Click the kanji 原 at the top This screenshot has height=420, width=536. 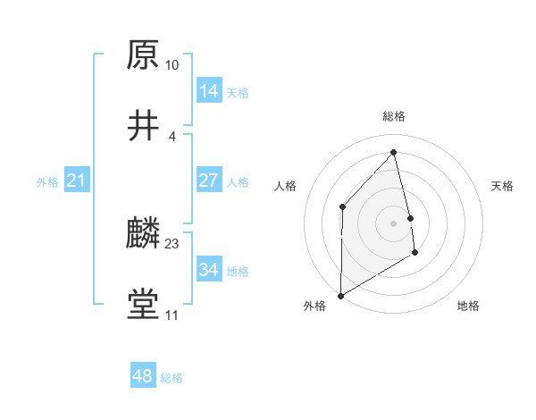(143, 55)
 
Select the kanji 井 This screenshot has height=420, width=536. (143, 126)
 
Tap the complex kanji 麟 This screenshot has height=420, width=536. (143, 233)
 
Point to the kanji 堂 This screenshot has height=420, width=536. (143, 305)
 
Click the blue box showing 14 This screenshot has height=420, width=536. (208, 91)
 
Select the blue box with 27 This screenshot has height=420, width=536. (208, 181)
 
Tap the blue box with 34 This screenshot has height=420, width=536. (208, 270)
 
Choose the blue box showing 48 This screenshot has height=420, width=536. (142, 376)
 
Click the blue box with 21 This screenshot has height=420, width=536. (76, 181)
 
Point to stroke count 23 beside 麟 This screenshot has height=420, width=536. (172, 243)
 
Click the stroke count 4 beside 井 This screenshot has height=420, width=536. (172, 136)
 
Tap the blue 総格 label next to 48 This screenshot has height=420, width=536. (172, 378)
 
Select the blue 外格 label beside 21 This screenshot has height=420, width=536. (47, 182)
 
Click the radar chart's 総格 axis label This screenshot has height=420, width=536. (394, 116)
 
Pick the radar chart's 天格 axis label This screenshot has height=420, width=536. (503, 186)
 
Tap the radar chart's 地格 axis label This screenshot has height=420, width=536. (468, 306)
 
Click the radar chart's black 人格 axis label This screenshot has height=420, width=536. (285, 186)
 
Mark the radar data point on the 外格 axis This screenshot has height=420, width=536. (340, 295)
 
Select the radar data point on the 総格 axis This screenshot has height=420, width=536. (393, 151)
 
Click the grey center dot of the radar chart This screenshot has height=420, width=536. (394, 223)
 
